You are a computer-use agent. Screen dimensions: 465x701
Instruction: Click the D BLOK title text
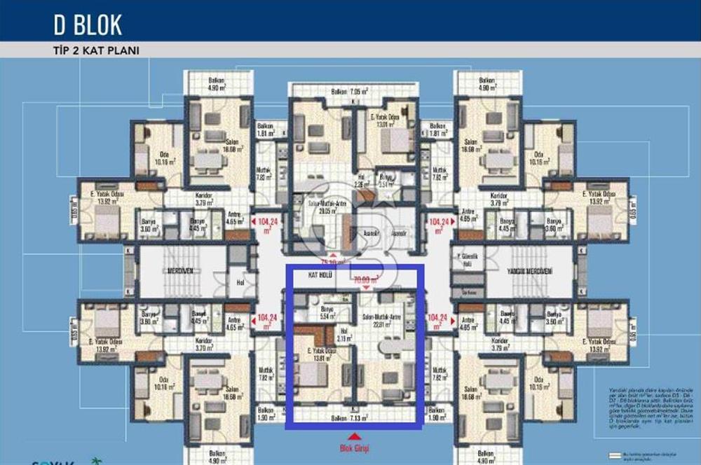(x=88, y=25)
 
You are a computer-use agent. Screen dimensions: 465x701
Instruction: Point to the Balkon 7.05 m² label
(x=354, y=91)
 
